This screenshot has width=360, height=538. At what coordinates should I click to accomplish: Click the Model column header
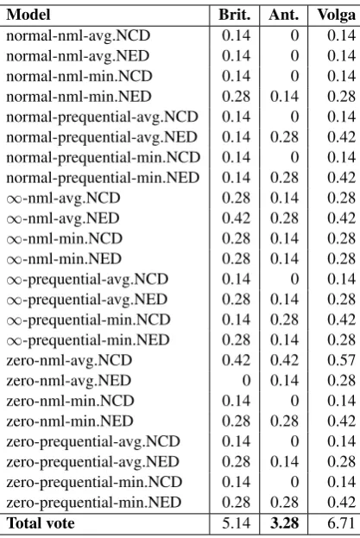click(28, 15)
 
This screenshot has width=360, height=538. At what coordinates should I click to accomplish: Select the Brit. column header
click(235, 15)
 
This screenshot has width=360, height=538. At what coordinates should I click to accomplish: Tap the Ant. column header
click(284, 15)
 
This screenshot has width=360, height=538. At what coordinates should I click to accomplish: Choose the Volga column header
click(337, 15)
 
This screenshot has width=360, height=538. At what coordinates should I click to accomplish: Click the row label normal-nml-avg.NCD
click(79, 35)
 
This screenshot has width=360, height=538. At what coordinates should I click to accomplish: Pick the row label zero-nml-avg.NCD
click(69, 360)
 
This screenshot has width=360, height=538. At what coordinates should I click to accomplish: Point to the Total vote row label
click(41, 523)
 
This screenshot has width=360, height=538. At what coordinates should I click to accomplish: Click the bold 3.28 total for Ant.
click(284, 523)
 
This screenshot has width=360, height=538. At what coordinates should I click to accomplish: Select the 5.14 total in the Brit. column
click(237, 523)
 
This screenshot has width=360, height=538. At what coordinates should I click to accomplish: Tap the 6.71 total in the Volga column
click(341, 523)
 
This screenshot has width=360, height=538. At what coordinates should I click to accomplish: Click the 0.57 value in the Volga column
click(341, 360)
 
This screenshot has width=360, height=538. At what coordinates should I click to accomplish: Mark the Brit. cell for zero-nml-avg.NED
click(246, 381)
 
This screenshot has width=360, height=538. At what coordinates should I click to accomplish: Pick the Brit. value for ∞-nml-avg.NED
click(237, 218)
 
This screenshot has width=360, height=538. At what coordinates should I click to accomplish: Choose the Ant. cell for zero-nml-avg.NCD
click(284, 360)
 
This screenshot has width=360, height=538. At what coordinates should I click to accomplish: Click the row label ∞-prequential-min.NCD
click(88, 320)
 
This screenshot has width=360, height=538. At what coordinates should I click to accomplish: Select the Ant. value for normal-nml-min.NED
click(284, 97)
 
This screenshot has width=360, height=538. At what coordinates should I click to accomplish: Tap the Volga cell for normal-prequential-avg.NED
click(341, 137)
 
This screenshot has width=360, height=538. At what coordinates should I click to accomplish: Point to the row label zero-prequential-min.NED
click(93, 503)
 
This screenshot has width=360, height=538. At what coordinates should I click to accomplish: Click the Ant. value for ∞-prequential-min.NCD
click(284, 320)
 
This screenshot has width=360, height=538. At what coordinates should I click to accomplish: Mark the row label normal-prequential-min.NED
click(103, 178)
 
